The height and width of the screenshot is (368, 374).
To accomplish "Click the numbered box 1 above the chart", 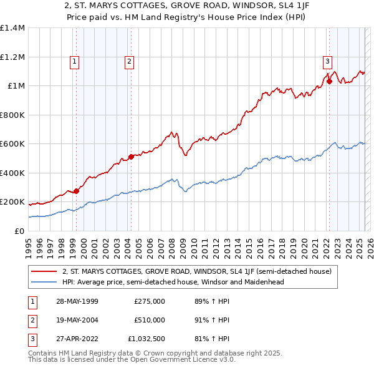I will pos(74,61).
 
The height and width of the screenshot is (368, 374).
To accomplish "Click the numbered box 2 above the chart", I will pos(128,61).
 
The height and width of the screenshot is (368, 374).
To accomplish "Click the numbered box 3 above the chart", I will pos(327,61).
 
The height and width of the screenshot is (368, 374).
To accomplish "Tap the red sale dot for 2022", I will pos(329,81).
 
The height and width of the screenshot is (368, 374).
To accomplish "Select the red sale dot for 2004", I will pos(131,157).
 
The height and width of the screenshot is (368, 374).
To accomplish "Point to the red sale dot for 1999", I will pos(77,191).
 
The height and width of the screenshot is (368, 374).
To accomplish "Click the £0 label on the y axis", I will pos(20,231).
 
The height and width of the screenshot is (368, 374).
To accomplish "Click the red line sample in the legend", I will pos(44,271).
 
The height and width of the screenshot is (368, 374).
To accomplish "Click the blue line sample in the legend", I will pos(44,281).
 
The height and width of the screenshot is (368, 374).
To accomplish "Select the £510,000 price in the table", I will pos(150,321).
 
